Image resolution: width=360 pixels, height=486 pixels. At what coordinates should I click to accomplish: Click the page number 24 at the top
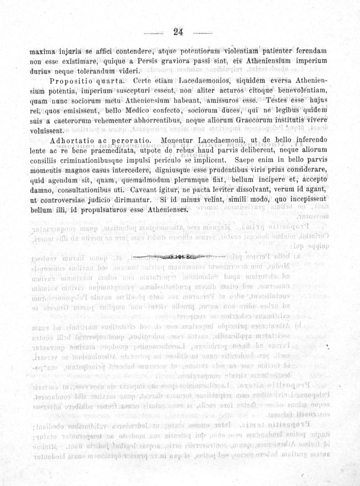click(x=178, y=32)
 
